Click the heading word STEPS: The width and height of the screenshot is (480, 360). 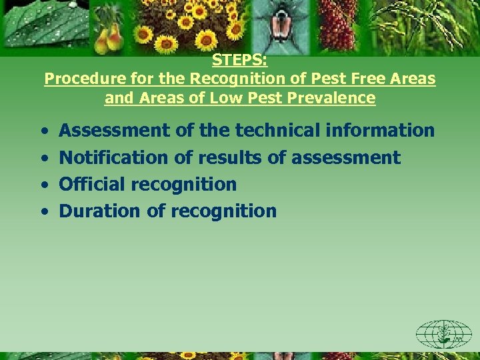pos(240,61)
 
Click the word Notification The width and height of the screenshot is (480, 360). pos(114,157)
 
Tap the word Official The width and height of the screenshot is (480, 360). pos(89,184)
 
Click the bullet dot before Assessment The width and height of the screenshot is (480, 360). pos(43,131)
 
